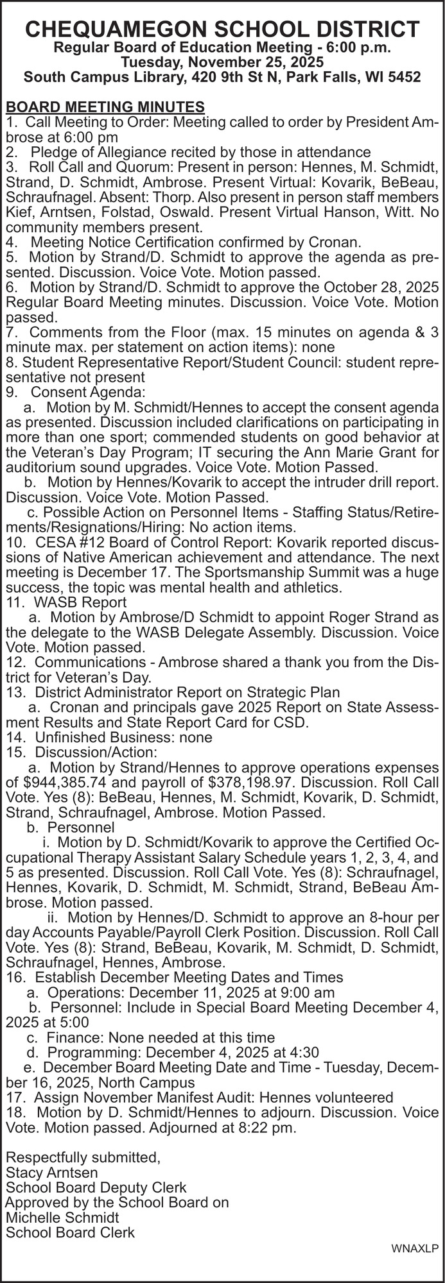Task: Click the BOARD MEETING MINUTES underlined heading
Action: coord(105,106)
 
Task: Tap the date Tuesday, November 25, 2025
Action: coord(222,62)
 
